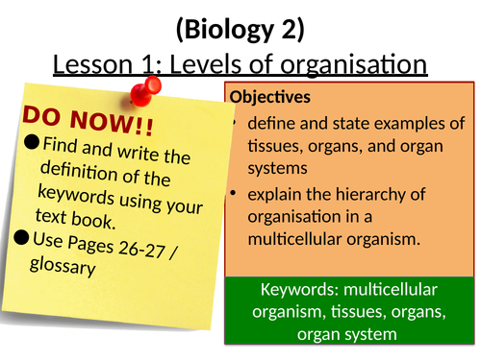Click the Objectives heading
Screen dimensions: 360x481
click(270, 98)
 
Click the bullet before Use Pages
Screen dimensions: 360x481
click(32, 236)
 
